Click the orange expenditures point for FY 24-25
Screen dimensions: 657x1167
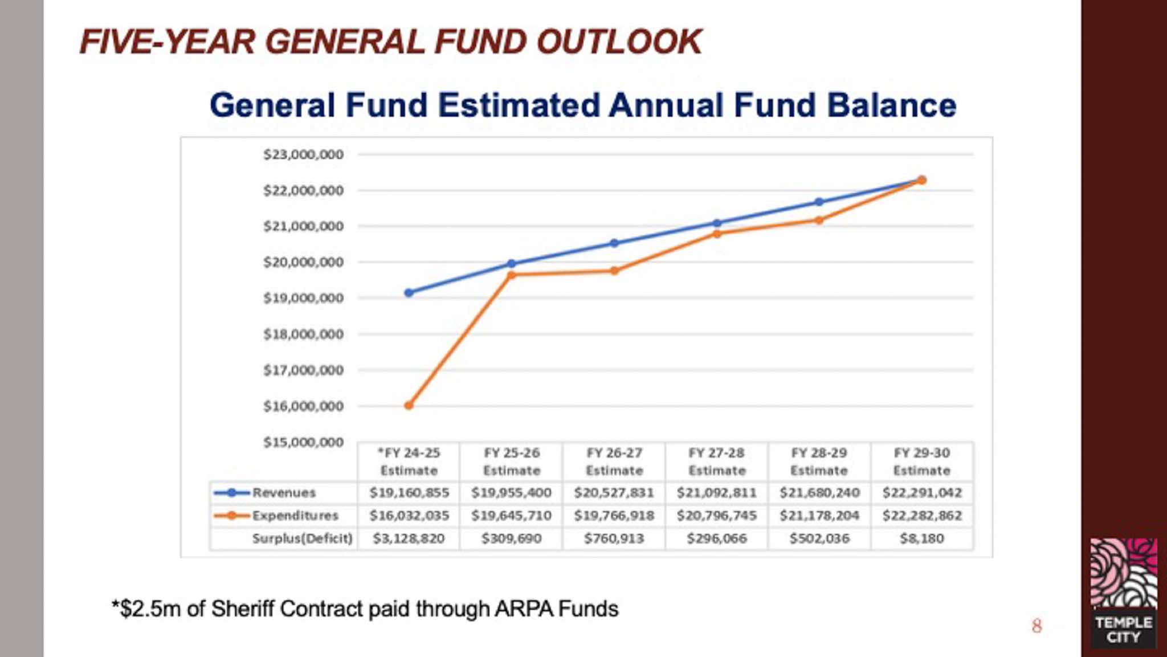coord(409,406)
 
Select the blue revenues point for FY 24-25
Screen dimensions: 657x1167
coord(409,293)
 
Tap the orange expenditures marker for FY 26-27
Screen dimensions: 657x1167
coord(614,271)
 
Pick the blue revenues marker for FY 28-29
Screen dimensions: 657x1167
coord(819,202)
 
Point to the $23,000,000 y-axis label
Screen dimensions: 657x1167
coord(303,154)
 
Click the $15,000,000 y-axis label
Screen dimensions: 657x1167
coord(303,442)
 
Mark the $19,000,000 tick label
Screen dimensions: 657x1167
coord(303,298)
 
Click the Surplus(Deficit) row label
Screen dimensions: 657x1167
coord(302,538)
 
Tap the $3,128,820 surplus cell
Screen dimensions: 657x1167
coord(409,538)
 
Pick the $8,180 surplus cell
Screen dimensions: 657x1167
coord(921,538)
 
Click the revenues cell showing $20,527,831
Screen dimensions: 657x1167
coord(614,493)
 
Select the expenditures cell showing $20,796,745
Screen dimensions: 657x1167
coord(716,516)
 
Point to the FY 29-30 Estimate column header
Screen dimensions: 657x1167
coord(921,462)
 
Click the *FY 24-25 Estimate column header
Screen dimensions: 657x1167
coord(409,462)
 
